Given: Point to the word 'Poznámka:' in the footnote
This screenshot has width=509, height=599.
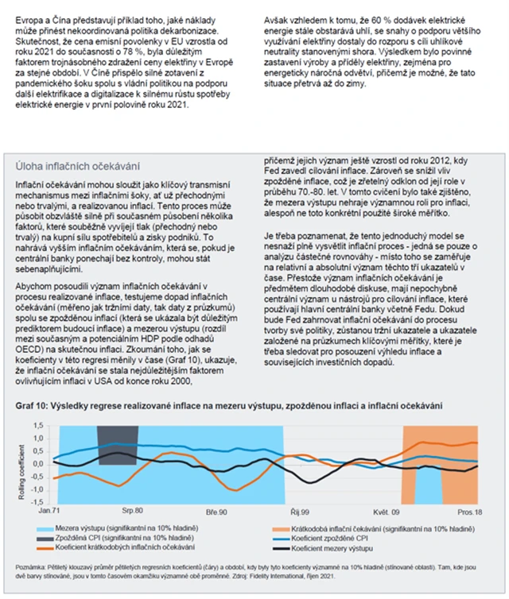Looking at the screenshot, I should point(32,567).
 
